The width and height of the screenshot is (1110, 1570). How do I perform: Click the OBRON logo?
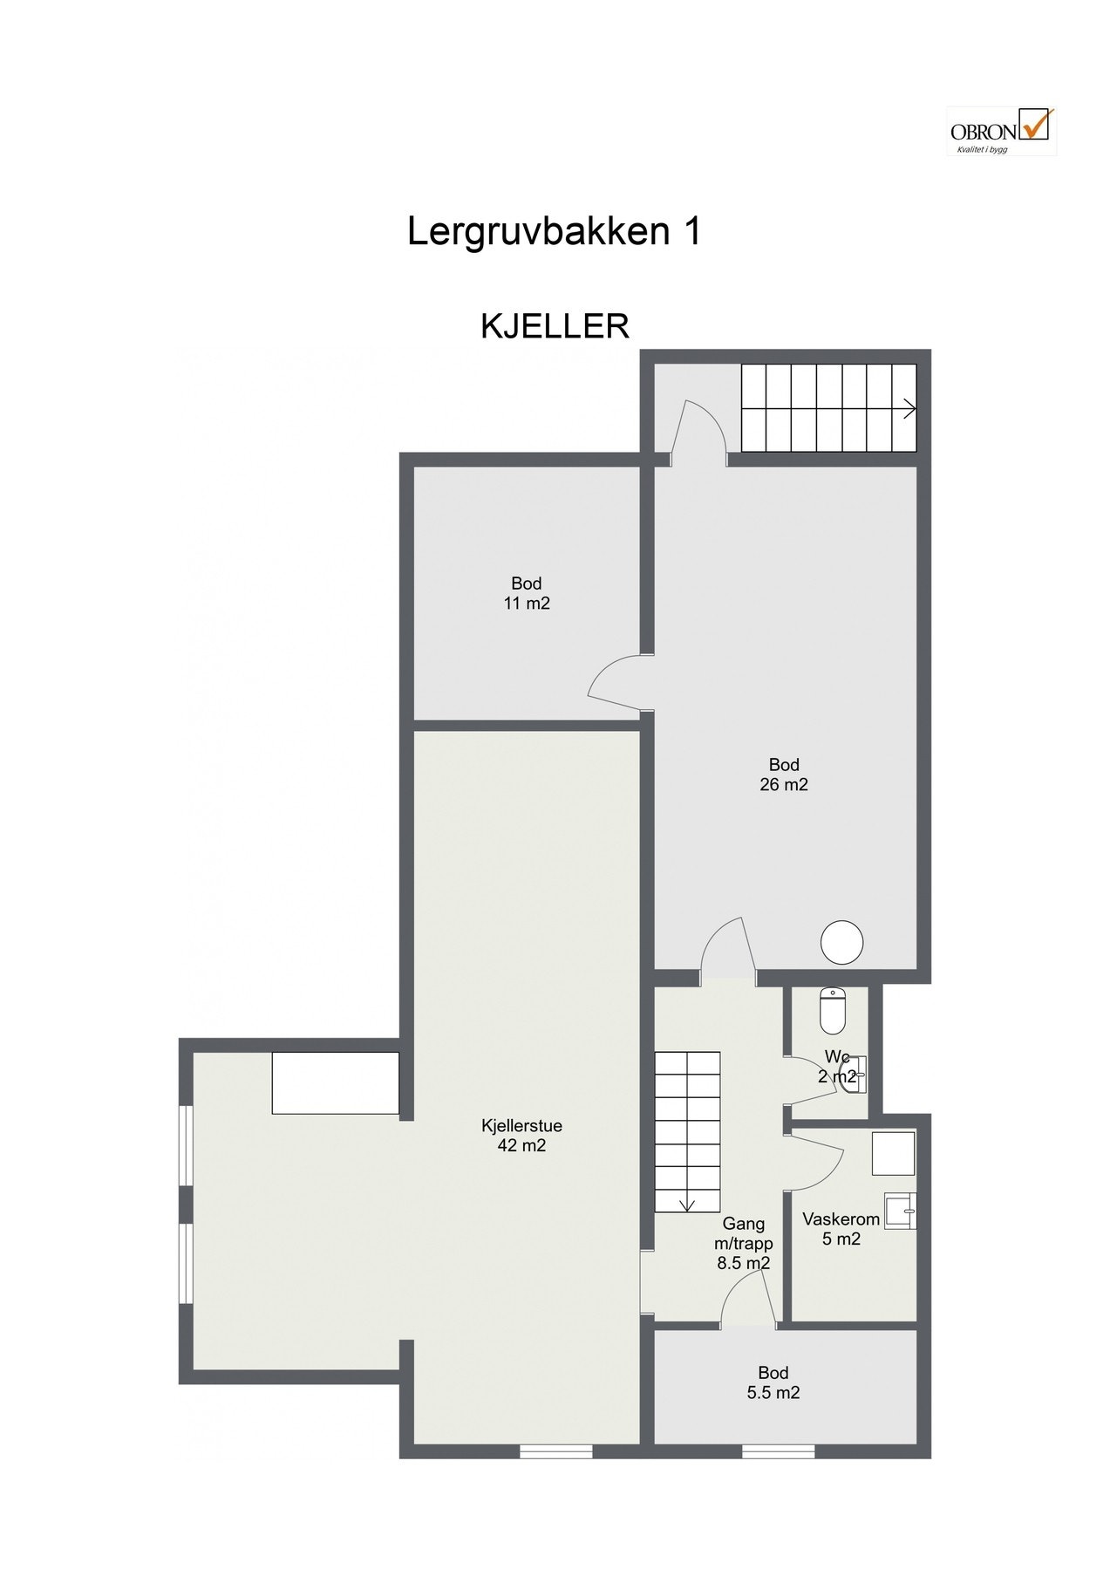click(x=1001, y=132)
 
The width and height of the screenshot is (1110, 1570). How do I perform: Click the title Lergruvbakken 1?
click(x=554, y=232)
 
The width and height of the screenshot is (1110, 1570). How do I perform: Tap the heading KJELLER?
click(x=555, y=326)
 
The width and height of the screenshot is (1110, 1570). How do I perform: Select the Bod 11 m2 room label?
click(x=527, y=593)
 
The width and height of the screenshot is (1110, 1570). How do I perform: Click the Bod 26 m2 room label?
click(x=783, y=775)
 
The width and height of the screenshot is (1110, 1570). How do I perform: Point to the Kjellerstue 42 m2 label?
click(x=521, y=1136)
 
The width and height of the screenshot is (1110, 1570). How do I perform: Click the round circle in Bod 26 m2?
click(x=842, y=943)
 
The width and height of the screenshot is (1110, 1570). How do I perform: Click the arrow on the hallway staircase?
click(x=687, y=1205)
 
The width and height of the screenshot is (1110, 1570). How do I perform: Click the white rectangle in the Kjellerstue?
click(x=335, y=1082)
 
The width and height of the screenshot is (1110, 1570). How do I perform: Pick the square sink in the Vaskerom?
click(x=899, y=1212)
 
